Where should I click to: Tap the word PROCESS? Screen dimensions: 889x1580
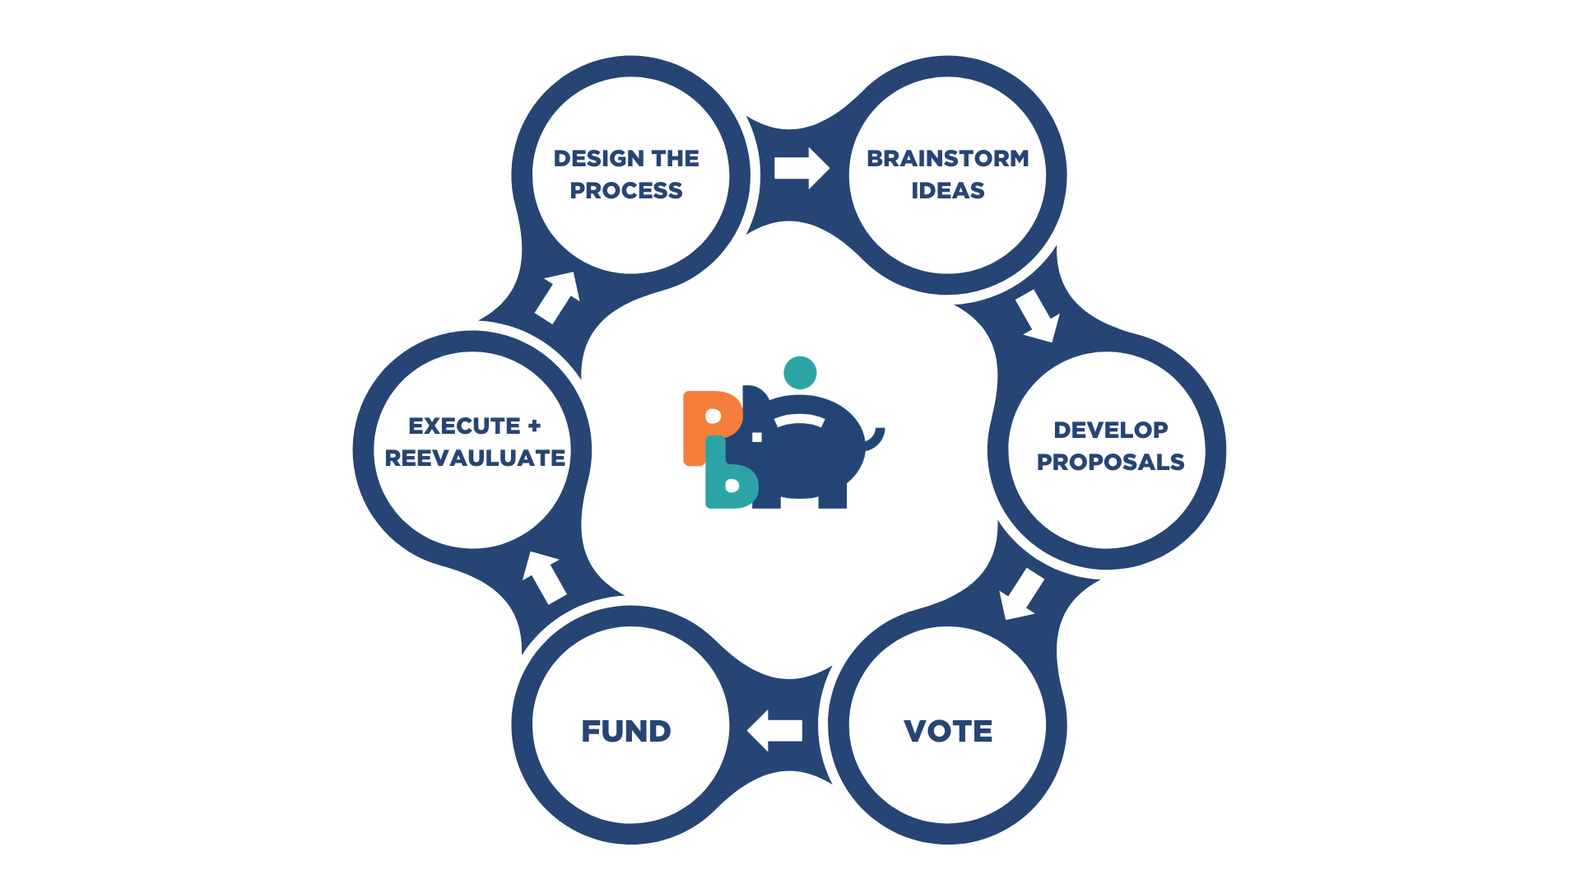[x=625, y=191]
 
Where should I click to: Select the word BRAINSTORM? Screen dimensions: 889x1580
[x=947, y=158]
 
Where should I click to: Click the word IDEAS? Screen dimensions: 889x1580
[x=947, y=191]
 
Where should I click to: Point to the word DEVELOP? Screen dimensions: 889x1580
[x=1110, y=430]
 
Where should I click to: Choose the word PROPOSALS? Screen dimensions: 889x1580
[x=1110, y=462]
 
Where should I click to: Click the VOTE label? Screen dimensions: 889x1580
[x=948, y=731]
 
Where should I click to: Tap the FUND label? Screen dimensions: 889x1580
[x=625, y=731]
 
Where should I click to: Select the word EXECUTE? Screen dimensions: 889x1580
[x=464, y=426]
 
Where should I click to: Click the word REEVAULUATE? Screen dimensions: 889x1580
[x=475, y=458]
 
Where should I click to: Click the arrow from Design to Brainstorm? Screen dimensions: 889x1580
[x=801, y=169]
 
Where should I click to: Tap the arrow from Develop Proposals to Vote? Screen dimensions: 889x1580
[x=1020, y=593]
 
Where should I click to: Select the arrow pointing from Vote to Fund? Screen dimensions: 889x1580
[x=774, y=730]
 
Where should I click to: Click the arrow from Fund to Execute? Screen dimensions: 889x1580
[x=543, y=576]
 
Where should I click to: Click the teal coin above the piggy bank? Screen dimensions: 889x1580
[x=800, y=373]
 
